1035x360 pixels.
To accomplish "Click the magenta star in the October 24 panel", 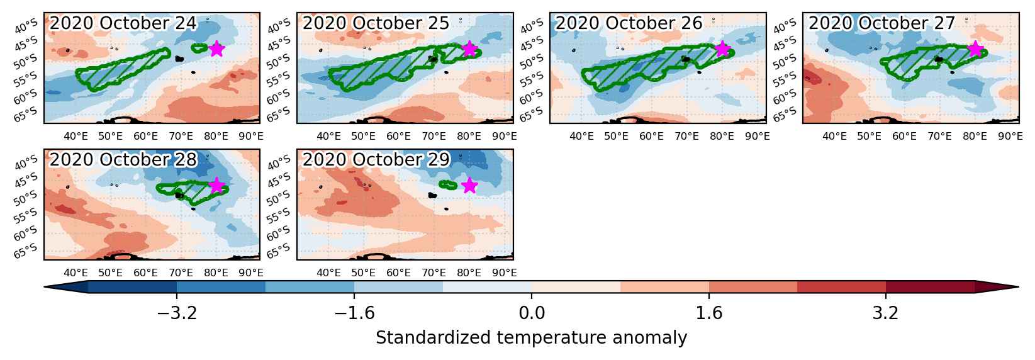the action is click(216, 48).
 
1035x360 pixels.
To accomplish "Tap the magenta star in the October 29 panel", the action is click(469, 185).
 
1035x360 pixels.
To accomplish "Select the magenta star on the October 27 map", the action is click(975, 48).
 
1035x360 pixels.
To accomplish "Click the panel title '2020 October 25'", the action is click(376, 23).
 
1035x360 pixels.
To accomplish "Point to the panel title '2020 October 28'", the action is click(123, 159).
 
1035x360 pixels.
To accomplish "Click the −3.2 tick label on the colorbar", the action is click(177, 313).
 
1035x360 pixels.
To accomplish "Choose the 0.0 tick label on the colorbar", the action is click(532, 313).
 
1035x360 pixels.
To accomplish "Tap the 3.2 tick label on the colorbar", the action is click(886, 313).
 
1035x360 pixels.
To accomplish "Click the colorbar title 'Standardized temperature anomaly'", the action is click(532, 338).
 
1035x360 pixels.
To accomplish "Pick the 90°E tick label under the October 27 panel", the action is click(1010, 137).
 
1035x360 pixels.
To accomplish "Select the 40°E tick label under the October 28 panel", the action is click(76, 273).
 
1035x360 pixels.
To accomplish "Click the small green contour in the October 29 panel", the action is click(448, 185).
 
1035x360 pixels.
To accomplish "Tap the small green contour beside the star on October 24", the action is click(200, 48).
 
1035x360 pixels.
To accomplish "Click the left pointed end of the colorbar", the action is click(44, 287).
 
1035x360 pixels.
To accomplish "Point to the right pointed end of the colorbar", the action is click(1019, 287).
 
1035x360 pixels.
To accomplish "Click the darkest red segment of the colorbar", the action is click(930, 287).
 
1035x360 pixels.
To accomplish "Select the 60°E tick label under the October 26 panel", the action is click(652, 137).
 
